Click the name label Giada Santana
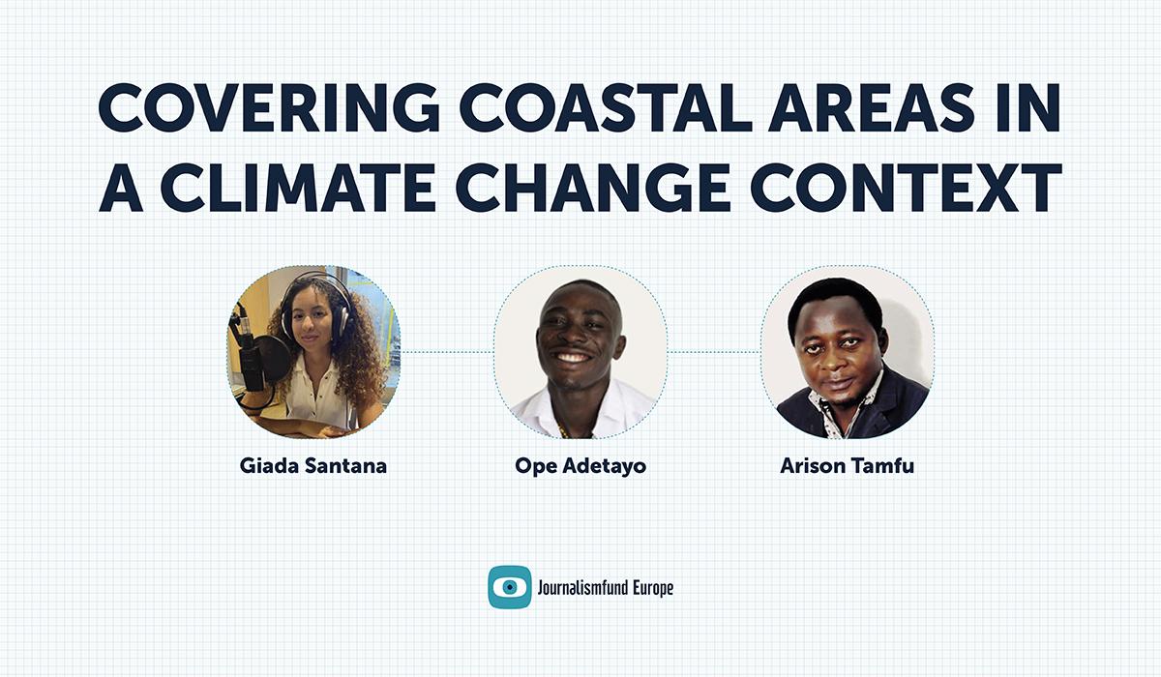click(313, 466)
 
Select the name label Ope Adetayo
click(580, 466)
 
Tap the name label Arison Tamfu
click(847, 466)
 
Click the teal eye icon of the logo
click(509, 587)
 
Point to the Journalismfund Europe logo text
click(605, 587)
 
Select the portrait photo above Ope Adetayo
click(580, 353)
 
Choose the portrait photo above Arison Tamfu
click(847, 353)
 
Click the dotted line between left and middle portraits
click(447, 352)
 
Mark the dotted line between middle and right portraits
click(714, 352)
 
